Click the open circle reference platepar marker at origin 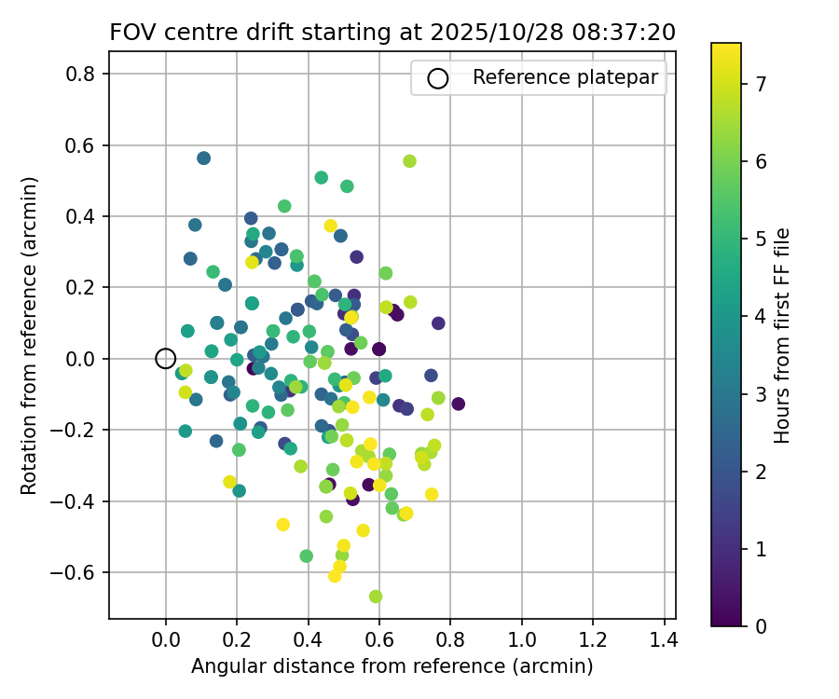pyautogui.click(x=166, y=358)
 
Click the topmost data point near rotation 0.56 pyautogui.click(x=204, y=158)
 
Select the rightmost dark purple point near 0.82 pyautogui.click(x=458, y=404)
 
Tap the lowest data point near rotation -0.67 pyautogui.click(x=376, y=596)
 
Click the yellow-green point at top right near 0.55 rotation pyautogui.click(x=409, y=161)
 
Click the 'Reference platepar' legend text pyautogui.click(x=566, y=78)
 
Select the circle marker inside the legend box pyautogui.click(x=438, y=78)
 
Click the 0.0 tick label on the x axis pyautogui.click(x=166, y=641)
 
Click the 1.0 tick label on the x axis pyautogui.click(x=522, y=641)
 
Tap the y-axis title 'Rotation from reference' pyautogui.click(x=30, y=336)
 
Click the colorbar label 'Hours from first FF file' pyautogui.click(x=783, y=336)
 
